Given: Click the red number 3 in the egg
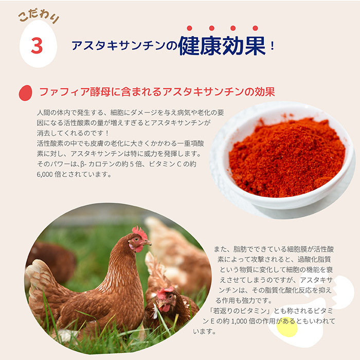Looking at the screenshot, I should coord(37,46).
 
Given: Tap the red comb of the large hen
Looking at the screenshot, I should coord(139,232).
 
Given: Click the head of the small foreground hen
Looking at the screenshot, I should coord(166,298).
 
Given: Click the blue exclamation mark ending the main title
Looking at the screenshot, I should coord(273,47).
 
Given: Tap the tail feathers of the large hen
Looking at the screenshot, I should coord(41,280).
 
